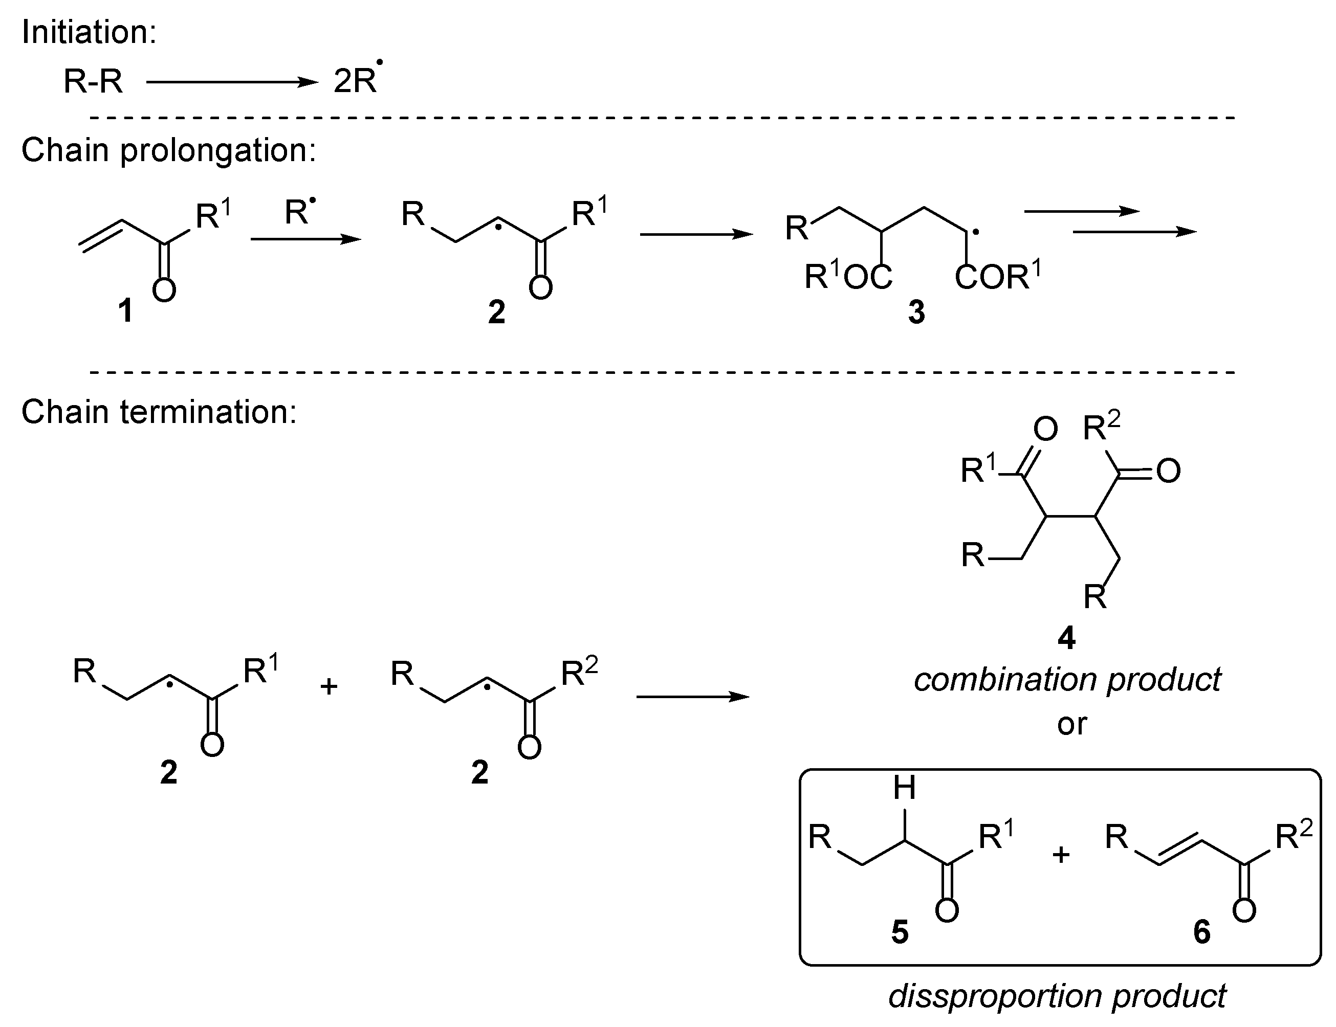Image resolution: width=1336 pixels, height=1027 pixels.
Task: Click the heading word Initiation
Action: (89, 32)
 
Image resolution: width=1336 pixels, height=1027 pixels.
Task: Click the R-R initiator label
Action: (93, 81)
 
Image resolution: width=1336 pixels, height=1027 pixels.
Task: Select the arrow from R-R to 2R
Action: (232, 82)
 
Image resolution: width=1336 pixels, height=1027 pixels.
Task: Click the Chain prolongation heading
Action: (169, 150)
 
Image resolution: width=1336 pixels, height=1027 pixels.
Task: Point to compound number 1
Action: (125, 310)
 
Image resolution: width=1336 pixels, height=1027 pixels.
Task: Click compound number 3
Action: (916, 312)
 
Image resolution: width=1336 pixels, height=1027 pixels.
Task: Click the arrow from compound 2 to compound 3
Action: (696, 234)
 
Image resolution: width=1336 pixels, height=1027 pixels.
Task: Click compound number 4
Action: (1066, 638)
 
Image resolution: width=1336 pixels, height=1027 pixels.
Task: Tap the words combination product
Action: (1067, 680)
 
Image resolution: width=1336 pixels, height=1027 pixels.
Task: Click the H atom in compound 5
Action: (904, 788)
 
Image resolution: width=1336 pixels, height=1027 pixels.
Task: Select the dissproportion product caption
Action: (1057, 996)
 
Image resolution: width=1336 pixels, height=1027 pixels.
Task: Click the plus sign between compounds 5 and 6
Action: (1061, 854)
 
